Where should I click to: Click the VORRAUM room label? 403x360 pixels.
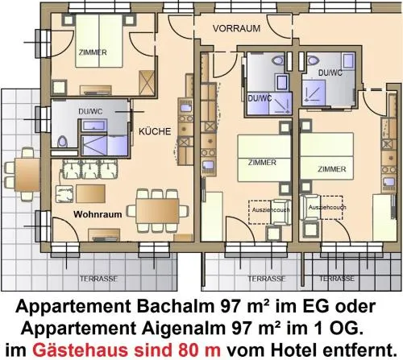click(x=236, y=28)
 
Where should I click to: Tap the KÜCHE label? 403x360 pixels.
click(x=155, y=131)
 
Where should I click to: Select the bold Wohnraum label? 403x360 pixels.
click(x=98, y=214)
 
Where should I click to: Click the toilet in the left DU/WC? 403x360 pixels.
click(x=62, y=141)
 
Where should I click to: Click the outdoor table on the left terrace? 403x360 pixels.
click(x=27, y=175)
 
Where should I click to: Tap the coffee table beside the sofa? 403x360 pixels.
click(x=90, y=193)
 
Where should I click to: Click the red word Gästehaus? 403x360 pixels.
click(x=83, y=350)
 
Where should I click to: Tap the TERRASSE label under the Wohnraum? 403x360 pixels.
click(x=98, y=279)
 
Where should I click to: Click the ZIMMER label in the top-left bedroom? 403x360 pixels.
click(x=93, y=52)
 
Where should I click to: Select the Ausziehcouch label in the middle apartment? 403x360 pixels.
click(x=271, y=209)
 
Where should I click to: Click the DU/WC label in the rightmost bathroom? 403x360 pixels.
click(x=330, y=72)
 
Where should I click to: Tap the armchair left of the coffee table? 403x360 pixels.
click(x=64, y=194)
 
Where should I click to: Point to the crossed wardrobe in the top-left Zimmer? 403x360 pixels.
click(x=147, y=83)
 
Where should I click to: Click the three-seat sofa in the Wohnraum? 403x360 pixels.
click(x=90, y=169)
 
